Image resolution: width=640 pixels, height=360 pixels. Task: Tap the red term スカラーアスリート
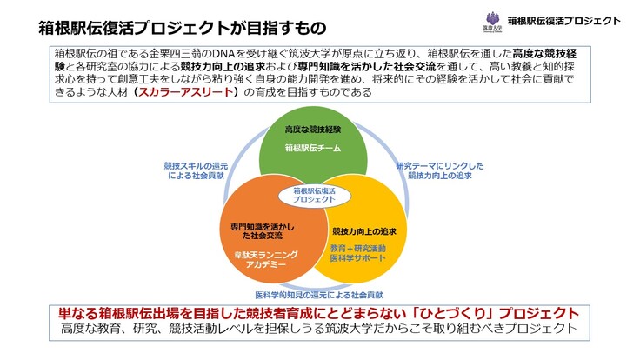tap(188, 92)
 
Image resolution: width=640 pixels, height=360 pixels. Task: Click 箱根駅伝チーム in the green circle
tap(315, 148)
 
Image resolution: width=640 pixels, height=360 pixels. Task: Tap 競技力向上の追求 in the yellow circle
tap(363, 230)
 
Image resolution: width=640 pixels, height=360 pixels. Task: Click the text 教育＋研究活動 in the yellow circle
tap(363, 249)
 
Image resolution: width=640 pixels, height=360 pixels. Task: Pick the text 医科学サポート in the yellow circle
tap(363, 259)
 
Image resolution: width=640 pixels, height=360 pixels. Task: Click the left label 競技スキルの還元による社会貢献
tap(198, 170)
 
